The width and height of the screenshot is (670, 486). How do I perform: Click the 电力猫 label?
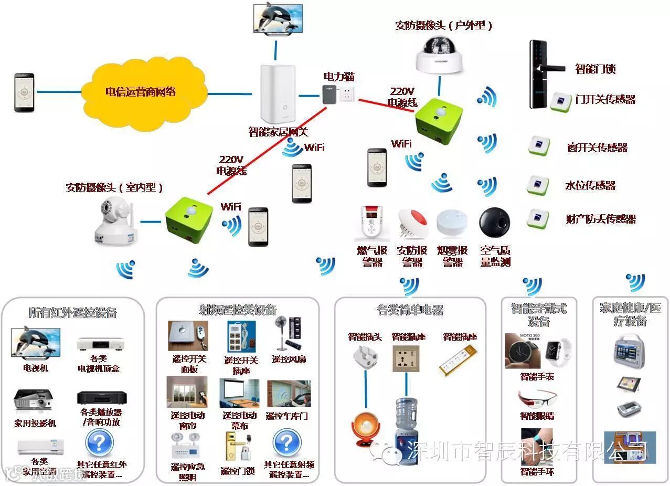(338, 77)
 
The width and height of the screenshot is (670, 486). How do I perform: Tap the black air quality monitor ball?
(495, 224)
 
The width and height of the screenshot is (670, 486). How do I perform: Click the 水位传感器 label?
(590, 186)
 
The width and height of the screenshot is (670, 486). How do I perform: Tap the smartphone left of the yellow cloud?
(24, 92)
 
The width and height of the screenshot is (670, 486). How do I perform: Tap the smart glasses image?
(537, 398)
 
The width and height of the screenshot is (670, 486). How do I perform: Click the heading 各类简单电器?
(410, 310)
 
